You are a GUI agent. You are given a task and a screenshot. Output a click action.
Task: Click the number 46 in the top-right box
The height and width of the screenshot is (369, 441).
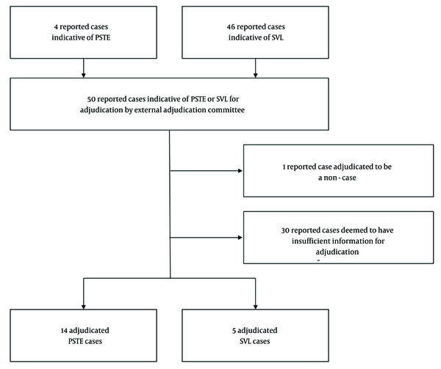coord(231,27)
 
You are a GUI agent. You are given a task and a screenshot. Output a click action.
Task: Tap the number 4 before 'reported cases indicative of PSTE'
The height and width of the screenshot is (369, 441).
coord(56,27)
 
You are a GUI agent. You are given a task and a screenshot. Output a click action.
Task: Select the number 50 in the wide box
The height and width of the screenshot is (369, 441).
coord(91,99)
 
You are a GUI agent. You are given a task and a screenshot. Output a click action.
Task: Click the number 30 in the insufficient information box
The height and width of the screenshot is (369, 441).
coord(285,230)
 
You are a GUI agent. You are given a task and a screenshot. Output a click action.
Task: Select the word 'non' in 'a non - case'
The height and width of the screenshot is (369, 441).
coord(330,178)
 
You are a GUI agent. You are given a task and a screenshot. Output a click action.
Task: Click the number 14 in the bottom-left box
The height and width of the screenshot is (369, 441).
coord(64,331)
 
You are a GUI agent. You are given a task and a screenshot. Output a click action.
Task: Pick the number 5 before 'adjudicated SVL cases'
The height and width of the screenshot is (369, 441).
coord(234,331)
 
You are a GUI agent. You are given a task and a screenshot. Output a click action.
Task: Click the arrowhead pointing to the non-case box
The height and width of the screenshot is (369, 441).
coord(240,171)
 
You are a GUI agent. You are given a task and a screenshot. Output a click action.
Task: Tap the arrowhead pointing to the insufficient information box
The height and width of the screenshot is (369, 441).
coord(240,238)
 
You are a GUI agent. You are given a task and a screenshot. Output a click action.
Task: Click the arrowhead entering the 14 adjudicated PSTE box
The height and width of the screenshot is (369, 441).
coord(84,307)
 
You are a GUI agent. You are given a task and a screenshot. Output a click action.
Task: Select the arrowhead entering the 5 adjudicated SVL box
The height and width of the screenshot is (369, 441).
coord(255,307)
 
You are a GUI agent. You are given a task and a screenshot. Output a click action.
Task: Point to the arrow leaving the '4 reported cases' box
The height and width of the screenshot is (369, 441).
coord(84,68)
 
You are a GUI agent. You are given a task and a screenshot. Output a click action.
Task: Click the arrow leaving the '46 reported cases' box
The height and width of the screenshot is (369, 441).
coord(255,68)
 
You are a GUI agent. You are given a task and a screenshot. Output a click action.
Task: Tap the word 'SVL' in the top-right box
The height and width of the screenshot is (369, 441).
coord(278,37)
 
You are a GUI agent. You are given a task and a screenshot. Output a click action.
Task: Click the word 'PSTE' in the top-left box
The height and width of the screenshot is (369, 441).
coord(103,37)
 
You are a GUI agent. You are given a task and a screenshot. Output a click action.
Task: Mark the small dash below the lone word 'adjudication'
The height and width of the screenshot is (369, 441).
coord(319,260)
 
